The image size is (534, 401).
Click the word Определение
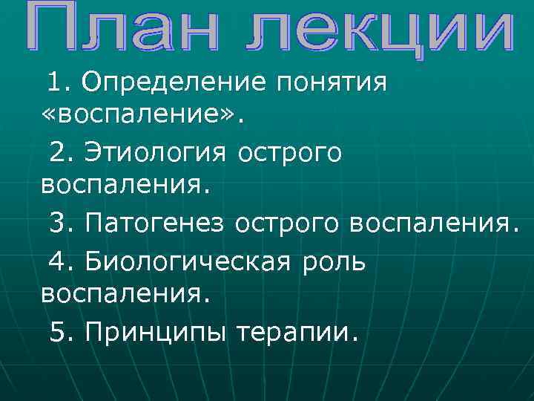[x=174, y=82]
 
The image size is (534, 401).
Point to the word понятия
[x=331, y=82]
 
